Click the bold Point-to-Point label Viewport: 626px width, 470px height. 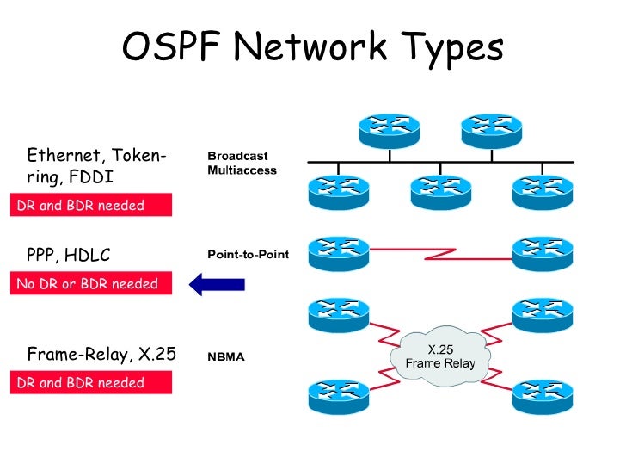248,255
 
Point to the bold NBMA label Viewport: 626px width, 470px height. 226,356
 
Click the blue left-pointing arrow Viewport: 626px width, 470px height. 217,283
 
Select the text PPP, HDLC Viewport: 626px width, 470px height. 69,255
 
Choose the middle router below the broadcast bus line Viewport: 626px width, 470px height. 441,192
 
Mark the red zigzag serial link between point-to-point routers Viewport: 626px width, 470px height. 443,253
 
